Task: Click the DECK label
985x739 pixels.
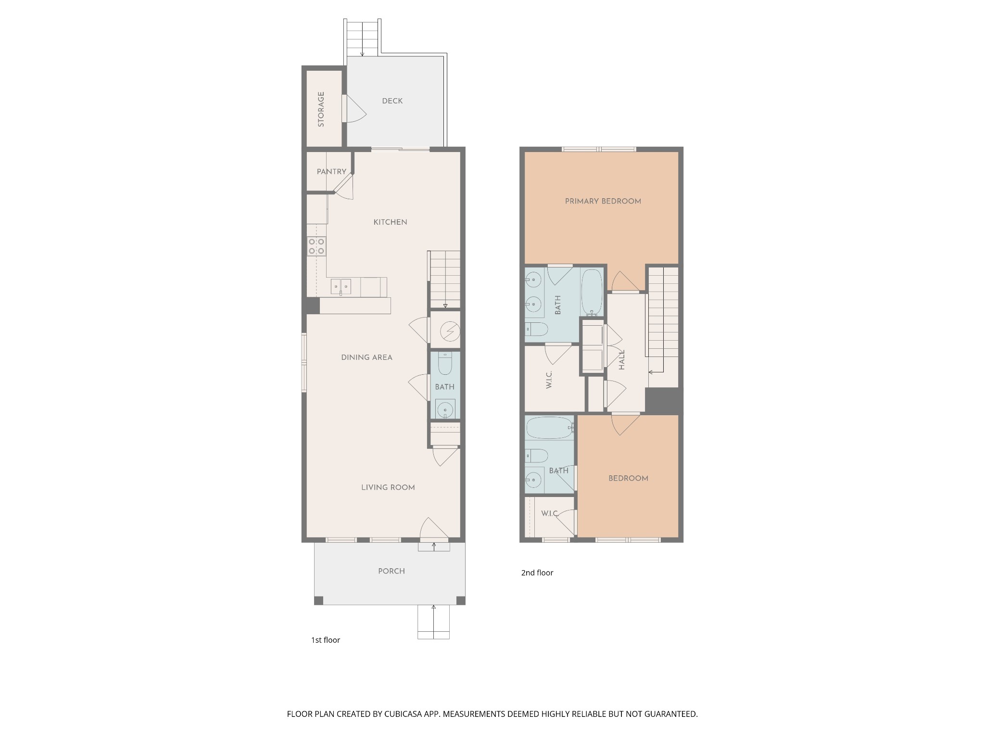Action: pyautogui.click(x=392, y=101)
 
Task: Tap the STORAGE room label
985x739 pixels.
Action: pyautogui.click(x=321, y=109)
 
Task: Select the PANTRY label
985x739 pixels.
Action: pyautogui.click(x=331, y=172)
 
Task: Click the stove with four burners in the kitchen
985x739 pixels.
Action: pyautogui.click(x=316, y=246)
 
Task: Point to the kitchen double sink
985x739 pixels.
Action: pyautogui.click(x=341, y=287)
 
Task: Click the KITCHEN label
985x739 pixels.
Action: pyautogui.click(x=391, y=222)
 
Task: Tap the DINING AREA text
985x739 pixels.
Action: pyautogui.click(x=367, y=357)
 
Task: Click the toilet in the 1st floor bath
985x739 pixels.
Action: pyautogui.click(x=445, y=364)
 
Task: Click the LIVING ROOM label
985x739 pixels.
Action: pyautogui.click(x=388, y=487)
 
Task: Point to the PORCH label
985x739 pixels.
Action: pyautogui.click(x=391, y=571)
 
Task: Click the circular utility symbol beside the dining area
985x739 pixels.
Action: pyautogui.click(x=450, y=331)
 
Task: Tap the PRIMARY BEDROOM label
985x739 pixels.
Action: pyautogui.click(x=603, y=201)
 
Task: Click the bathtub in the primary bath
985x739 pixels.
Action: pyautogui.click(x=592, y=292)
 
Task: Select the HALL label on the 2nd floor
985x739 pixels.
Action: pyautogui.click(x=622, y=359)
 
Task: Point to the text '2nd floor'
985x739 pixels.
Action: pyautogui.click(x=537, y=573)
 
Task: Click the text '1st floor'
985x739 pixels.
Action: pyautogui.click(x=326, y=640)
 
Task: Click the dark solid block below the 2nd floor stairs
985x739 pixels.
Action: pyautogui.click(x=664, y=400)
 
